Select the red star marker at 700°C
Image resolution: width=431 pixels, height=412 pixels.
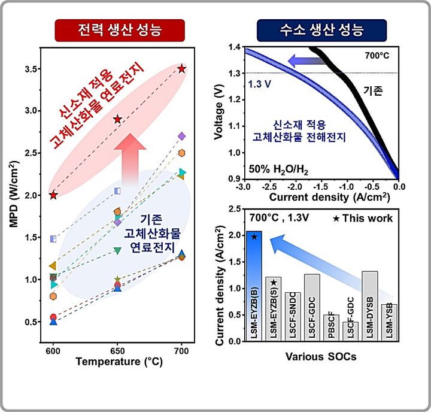[182, 69]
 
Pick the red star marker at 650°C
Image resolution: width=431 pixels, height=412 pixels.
[117, 120]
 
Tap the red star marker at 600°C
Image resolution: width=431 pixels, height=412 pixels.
[53, 195]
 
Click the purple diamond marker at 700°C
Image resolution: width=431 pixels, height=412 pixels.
[182, 137]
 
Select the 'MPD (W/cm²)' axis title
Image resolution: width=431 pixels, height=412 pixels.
[14, 198]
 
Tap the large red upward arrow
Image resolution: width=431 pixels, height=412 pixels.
[127, 159]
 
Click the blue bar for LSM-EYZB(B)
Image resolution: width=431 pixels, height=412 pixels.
[254, 286]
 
